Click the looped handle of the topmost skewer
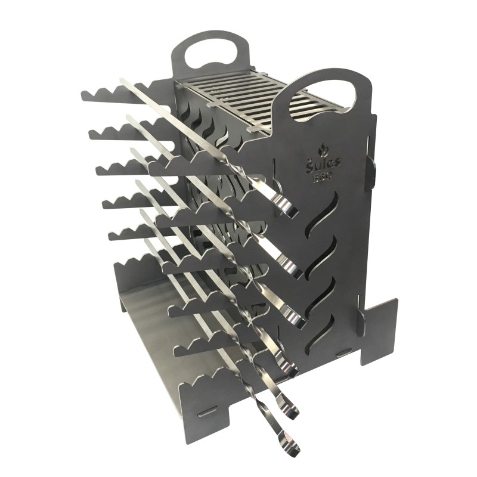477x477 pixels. (x=285, y=206)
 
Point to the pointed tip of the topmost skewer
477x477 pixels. (x=122, y=79)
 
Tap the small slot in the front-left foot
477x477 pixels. (x=206, y=411)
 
